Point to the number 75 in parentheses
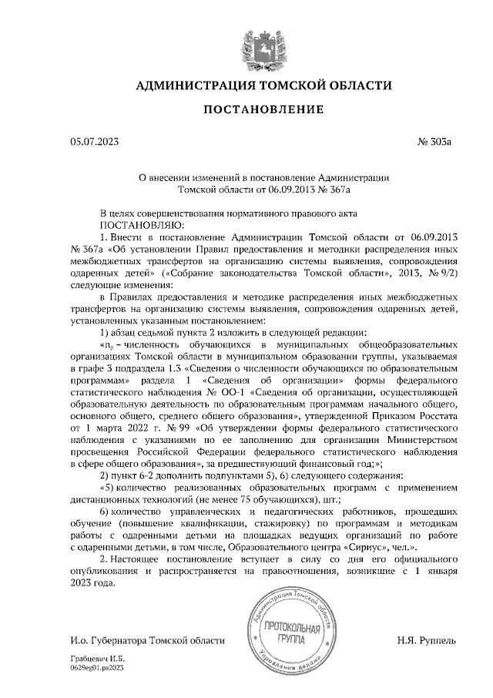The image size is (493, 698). (x=235, y=499)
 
